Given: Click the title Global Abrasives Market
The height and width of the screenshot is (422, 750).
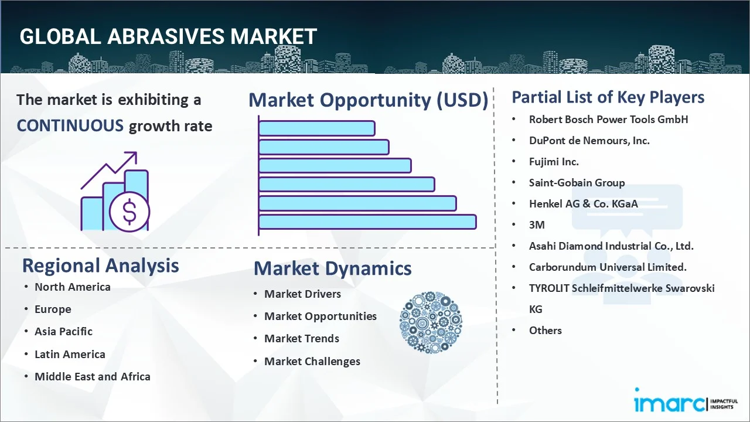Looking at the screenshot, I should pos(168,37).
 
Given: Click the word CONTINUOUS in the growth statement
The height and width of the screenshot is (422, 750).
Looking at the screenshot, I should pos(70,125).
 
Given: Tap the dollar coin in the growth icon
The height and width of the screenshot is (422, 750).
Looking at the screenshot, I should pos(129,212).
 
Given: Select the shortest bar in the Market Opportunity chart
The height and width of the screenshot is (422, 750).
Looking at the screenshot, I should pos(316,128).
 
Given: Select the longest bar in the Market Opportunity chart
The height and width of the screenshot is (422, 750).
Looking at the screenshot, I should pos(367,222).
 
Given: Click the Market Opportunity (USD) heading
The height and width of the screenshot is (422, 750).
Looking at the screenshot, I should pos(368,100).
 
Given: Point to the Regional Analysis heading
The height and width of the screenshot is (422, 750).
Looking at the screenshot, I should pos(100,266).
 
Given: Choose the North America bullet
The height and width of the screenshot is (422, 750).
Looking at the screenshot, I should pos(72,287).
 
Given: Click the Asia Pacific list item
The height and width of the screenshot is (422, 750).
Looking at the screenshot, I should pos(63,331).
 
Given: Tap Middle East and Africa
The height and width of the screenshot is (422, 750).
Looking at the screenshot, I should pos(92,376).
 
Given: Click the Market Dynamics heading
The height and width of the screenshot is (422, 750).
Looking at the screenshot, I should pos(332,268).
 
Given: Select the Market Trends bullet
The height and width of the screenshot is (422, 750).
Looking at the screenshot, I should pos(301,338).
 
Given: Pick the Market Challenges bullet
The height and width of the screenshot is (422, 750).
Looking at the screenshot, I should pos(312,361).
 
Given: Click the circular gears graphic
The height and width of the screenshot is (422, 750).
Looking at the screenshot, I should pos(431,323).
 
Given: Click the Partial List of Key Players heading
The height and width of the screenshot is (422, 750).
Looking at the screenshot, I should pos(608,97).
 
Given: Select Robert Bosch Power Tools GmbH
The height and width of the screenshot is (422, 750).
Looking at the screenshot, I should pos(608,119).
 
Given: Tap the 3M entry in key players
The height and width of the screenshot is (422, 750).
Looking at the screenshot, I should pos(537,224).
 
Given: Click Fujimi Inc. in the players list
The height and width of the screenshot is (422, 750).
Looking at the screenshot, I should pos(553,161).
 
